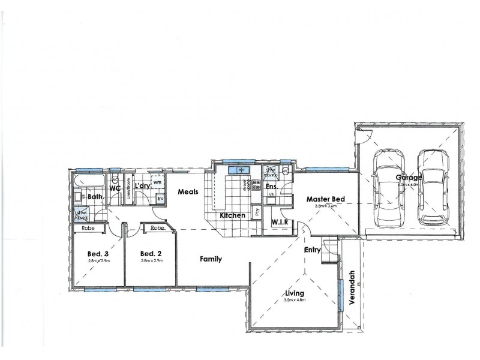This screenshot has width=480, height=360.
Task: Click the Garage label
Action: tap(409, 178)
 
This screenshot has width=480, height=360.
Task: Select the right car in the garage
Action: tap(431, 185)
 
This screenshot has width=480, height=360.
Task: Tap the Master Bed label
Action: tap(324, 199)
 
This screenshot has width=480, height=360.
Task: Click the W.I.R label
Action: tap(280, 222)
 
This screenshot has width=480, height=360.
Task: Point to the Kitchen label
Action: tap(232, 215)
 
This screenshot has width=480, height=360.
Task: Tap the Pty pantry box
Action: tap(257, 211)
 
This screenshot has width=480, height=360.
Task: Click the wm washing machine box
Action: tap(157, 182)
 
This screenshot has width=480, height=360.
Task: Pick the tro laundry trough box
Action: tap(160, 199)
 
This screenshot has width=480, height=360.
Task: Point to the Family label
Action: tap(211, 259)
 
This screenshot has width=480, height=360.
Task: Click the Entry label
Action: tap(312, 249)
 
